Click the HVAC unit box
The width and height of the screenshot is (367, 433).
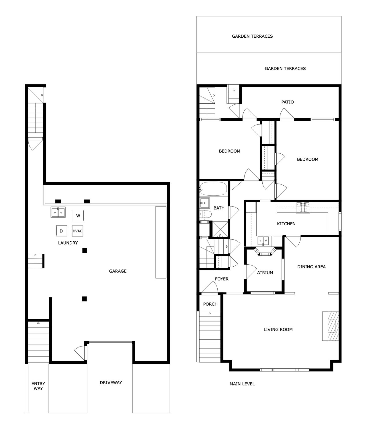point(77,231)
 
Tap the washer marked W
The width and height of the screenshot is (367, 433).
point(78,215)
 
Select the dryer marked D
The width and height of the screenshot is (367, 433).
point(61,231)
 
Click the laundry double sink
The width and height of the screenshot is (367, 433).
point(58,212)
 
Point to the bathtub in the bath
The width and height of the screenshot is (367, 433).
point(213,188)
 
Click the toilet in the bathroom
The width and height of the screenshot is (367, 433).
point(206,214)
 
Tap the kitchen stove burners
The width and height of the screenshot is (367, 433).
point(302,208)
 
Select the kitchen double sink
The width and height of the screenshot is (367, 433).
point(263,241)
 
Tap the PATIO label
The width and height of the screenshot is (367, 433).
point(288,102)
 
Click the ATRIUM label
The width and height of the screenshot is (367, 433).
point(265,273)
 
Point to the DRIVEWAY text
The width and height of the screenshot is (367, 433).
point(111,382)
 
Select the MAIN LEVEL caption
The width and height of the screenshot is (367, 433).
point(242,384)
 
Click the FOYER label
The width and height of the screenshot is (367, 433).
point(222,279)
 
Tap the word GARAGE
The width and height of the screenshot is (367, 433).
point(118,271)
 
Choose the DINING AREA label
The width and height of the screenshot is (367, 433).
point(311,267)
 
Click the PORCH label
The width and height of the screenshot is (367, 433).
point(210,304)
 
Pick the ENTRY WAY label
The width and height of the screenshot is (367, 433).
point(38,386)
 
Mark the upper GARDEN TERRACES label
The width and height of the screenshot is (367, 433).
point(252,36)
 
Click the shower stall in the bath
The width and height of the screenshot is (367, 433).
point(220,229)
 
